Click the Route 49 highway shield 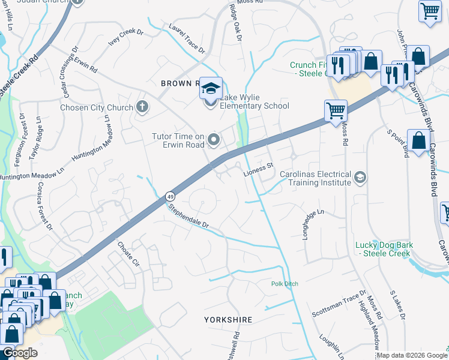(171, 196)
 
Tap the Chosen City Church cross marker (142, 107)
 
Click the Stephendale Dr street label (188, 217)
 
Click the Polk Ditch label (285, 284)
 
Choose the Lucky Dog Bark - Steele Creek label (382, 249)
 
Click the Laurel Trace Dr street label (187, 37)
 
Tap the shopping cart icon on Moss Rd (336, 110)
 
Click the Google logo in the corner (19, 353)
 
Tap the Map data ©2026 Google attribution (411, 355)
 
